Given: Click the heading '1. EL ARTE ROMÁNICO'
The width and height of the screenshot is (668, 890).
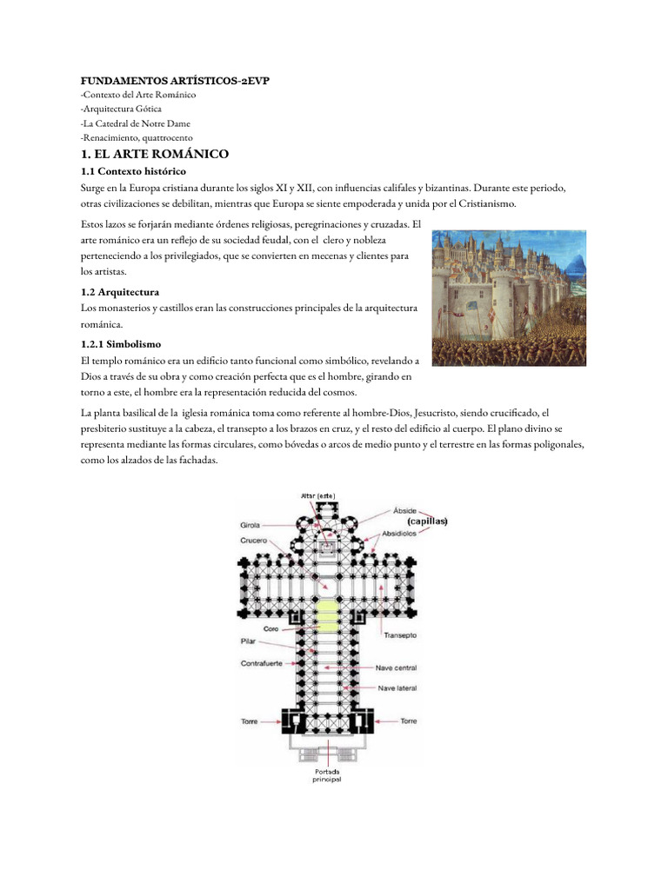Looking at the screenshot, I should click(154, 154).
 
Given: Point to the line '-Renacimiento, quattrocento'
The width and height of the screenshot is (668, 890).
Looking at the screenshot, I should click(137, 137).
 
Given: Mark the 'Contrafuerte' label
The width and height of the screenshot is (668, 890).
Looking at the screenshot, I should click(261, 664).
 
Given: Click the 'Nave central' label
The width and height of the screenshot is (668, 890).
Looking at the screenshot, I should click(396, 668).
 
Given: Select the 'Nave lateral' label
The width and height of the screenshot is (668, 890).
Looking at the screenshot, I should click(396, 688).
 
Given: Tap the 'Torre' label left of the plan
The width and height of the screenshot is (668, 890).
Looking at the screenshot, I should click(249, 721).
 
